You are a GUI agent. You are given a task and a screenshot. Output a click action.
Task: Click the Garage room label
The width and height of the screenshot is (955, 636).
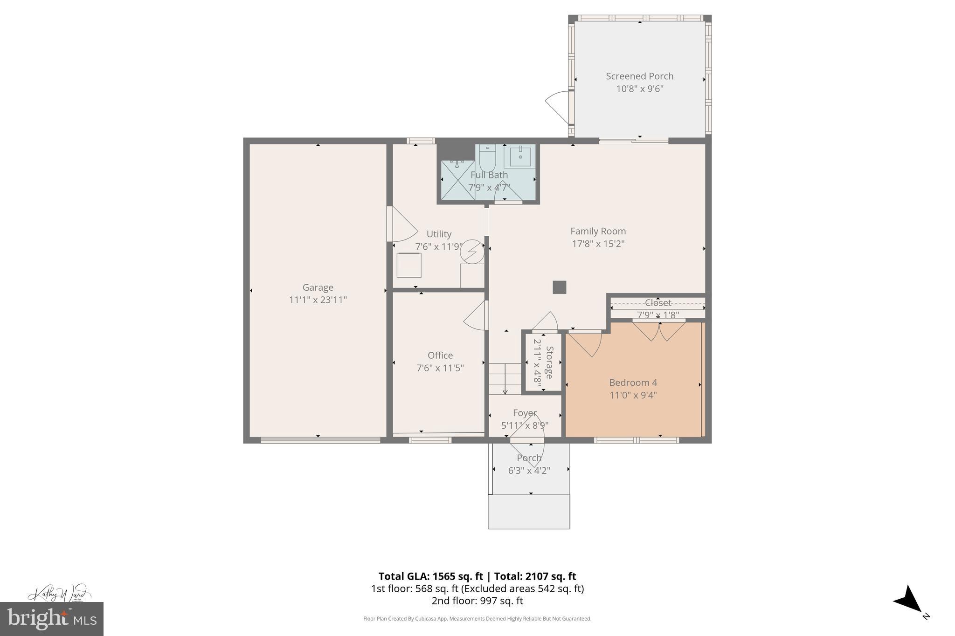[318, 287]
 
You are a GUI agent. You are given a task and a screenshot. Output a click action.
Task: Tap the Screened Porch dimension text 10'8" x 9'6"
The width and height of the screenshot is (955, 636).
[639, 89]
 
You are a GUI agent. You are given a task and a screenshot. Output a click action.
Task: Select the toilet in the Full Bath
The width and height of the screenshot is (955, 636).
[487, 159]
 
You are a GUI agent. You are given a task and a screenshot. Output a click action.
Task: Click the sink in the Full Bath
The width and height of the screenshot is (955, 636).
[519, 156]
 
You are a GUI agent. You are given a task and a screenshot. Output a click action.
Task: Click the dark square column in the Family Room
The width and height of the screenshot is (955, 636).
[559, 287]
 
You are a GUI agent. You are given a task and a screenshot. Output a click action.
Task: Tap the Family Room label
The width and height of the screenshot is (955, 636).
[598, 231]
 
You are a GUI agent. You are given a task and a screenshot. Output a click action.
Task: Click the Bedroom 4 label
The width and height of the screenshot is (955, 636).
[633, 383]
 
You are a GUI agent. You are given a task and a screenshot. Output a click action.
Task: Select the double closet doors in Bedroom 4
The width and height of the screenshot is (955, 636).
[658, 331]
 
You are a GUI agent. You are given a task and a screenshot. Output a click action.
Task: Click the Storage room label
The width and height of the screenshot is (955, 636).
[549, 362]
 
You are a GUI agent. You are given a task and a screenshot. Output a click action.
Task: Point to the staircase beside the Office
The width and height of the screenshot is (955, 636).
[505, 378]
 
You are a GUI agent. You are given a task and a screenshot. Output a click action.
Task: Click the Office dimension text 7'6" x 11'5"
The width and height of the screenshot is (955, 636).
[440, 368]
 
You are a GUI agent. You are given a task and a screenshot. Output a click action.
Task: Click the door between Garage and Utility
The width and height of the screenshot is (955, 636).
[401, 224]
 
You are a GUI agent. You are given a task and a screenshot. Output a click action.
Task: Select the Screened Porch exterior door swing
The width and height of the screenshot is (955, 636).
[558, 107]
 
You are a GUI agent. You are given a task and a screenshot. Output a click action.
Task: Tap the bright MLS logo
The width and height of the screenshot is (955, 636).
[51, 619]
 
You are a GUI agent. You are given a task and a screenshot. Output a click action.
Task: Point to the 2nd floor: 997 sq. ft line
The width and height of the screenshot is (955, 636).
[477, 601]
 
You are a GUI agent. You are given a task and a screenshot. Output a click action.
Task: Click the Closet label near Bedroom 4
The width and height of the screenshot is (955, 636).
[657, 303]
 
